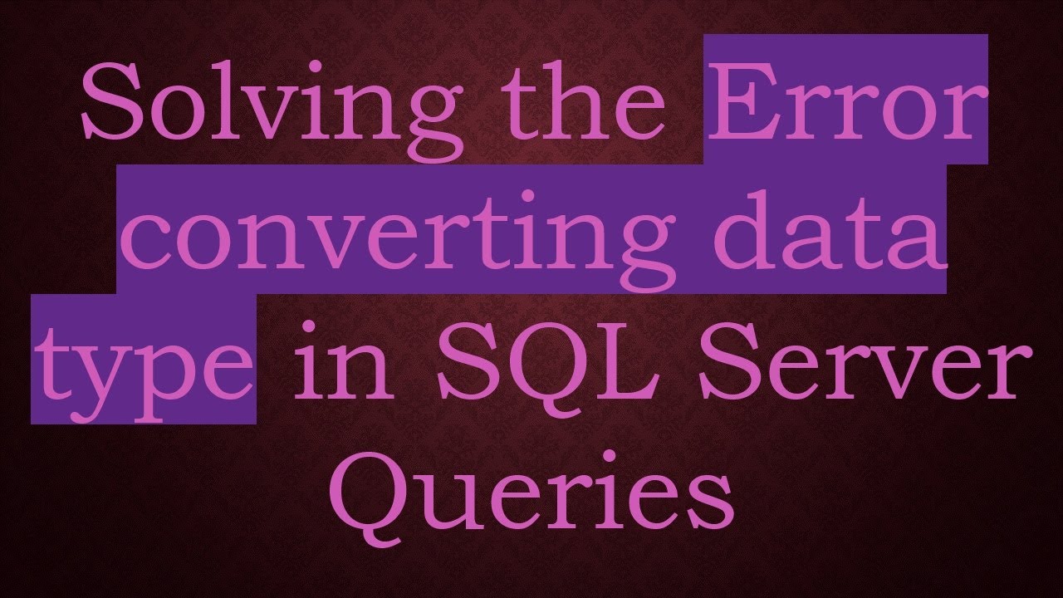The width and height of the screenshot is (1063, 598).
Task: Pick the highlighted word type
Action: pos(143,360)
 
